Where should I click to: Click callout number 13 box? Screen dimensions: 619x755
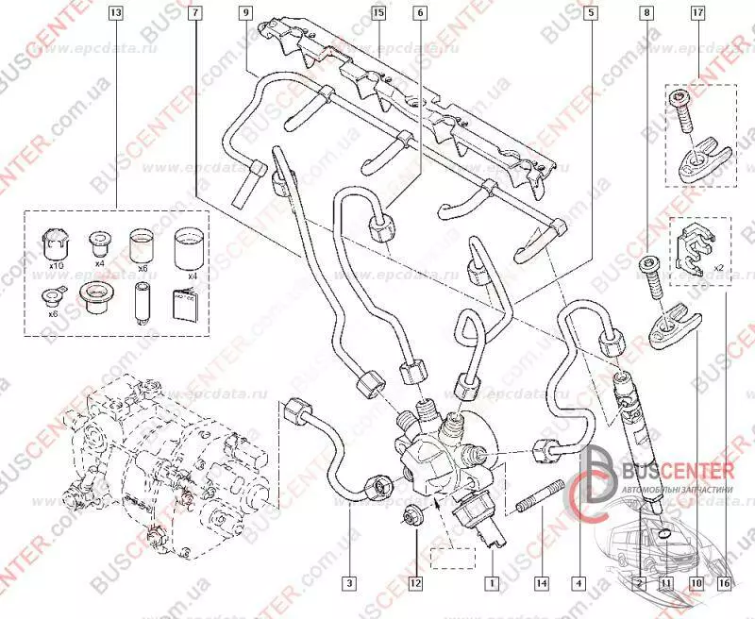click(x=115, y=14)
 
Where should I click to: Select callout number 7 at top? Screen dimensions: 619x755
click(x=194, y=14)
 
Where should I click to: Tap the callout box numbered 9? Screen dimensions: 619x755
click(x=245, y=14)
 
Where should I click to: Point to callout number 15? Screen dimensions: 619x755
click(x=378, y=14)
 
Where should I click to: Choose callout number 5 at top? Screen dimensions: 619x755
click(x=590, y=14)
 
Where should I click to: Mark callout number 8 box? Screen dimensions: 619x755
click(x=646, y=14)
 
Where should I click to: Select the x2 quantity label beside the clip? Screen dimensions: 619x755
click(x=717, y=267)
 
